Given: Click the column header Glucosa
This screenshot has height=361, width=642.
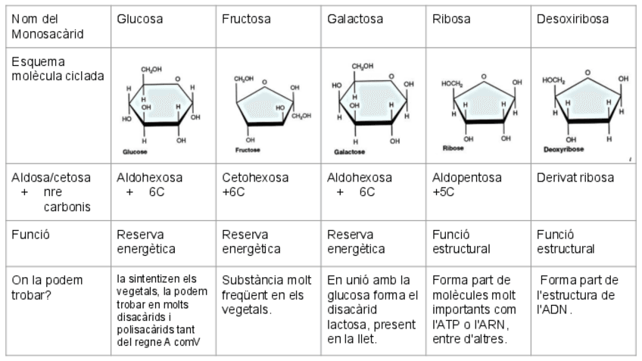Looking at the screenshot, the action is click(139, 19).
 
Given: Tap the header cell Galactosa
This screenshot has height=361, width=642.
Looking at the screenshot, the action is click(354, 19).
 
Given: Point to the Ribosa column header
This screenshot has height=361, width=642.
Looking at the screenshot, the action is click(452, 19).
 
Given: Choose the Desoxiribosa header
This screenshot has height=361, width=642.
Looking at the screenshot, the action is click(572, 19).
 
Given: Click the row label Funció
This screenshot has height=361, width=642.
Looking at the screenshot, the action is click(31, 235).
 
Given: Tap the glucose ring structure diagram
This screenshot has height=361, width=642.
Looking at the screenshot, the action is click(161, 106).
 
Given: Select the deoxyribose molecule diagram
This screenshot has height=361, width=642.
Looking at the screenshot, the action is click(586, 104).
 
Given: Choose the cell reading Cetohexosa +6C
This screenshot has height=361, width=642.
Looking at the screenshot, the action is click(254, 185).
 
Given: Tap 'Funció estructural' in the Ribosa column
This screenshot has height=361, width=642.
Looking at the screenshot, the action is click(461, 241).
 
